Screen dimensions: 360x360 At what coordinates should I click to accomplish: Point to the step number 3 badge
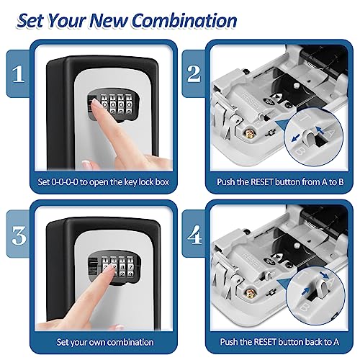[x=22, y=235]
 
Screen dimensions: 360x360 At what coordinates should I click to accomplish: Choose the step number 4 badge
[x=192, y=235]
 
